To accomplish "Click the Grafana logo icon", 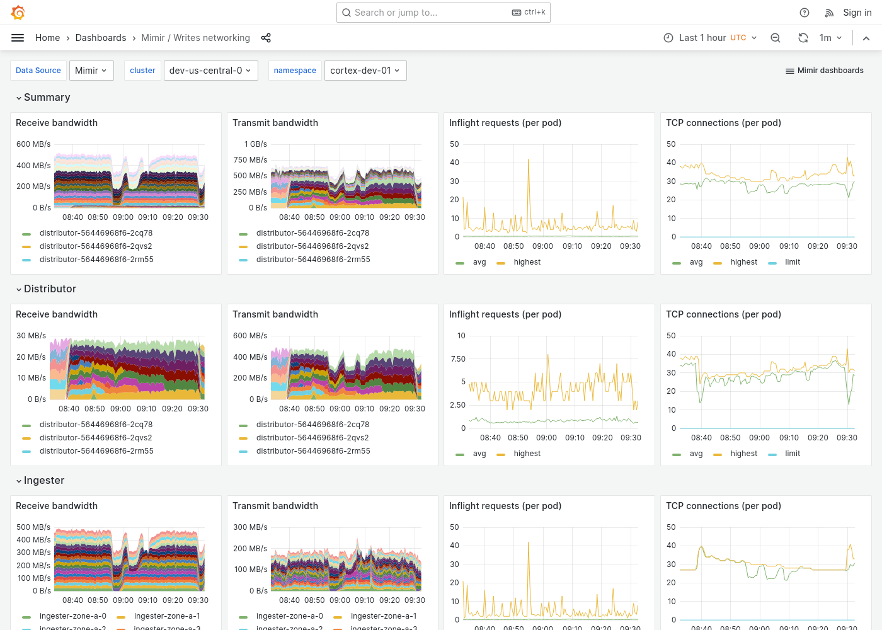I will (x=18, y=13).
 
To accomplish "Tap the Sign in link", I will (x=857, y=13).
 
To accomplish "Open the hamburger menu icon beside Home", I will (x=18, y=38).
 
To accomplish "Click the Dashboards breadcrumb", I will (x=101, y=38).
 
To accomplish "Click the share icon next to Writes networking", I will (x=266, y=38).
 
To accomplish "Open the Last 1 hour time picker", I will (x=710, y=38).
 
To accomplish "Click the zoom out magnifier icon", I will (x=776, y=38).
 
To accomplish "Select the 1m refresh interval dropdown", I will (x=830, y=38).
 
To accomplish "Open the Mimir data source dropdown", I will (x=91, y=71).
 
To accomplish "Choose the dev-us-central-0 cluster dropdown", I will (x=210, y=71).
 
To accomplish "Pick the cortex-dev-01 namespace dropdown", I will (x=365, y=71).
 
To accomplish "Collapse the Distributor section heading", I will (x=50, y=289).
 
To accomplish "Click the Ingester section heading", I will (x=43, y=480).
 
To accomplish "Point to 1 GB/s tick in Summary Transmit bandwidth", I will (x=256, y=144).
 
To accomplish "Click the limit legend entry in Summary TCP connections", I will (x=792, y=262).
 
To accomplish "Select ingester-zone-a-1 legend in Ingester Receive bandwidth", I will (x=166, y=616).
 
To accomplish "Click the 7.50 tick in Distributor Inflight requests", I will (x=458, y=359).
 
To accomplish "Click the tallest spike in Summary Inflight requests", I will (x=529, y=161).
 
